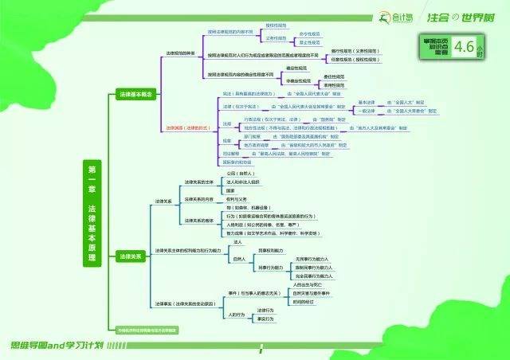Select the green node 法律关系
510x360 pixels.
point(130,257)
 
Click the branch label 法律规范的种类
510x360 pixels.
point(183,61)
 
